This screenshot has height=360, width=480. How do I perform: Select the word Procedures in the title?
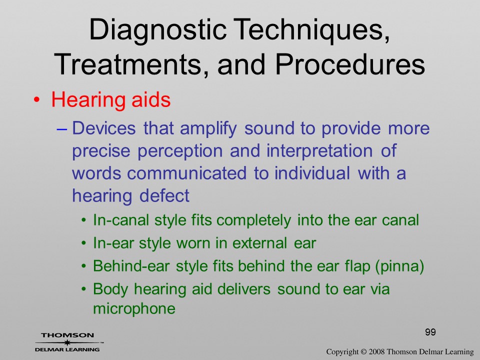pos(350,64)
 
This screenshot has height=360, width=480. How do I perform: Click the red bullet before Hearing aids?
pos(36,100)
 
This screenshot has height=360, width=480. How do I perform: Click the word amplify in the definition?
pos(208,129)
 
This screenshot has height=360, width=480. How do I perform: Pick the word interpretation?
pos(319,151)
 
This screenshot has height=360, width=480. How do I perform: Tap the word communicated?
pos(186,173)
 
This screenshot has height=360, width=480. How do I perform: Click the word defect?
pos(164,195)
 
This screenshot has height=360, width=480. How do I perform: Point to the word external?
pos(259,243)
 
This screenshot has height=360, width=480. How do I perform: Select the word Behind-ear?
pos(131,265)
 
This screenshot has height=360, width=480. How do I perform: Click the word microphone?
pos(134,308)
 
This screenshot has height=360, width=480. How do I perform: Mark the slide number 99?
pos(430,332)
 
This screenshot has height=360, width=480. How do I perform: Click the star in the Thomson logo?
pos(67,342)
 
